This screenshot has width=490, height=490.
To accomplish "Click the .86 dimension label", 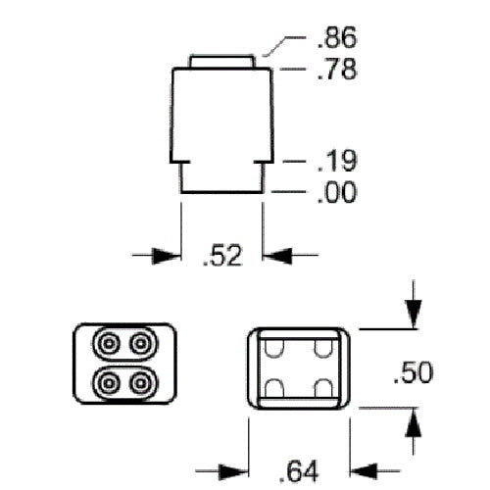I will pyautogui.click(x=337, y=38).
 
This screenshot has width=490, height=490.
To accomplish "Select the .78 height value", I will pyautogui.click(x=337, y=71).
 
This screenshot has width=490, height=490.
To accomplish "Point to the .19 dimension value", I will pyautogui.click(x=337, y=161).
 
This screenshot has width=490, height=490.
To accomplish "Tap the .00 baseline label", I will pyautogui.click(x=337, y=192).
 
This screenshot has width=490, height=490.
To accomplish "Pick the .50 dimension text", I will pyautogui.click(x=413, y=372).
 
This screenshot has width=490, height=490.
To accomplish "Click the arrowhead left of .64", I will pyautogui.click(x=239, y=468).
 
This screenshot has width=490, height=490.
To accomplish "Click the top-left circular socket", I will pyautogui.click(x=106, y=345).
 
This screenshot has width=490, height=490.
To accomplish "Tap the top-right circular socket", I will pyautogui.click(x=143, y=345).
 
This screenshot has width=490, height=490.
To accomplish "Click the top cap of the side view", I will pyautogui.click(x=225, y=61).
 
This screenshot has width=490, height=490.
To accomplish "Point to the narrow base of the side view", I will pyautogui.click(x=222, y=177).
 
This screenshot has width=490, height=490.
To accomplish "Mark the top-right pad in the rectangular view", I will pyautogui.click(x=321, y=348).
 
